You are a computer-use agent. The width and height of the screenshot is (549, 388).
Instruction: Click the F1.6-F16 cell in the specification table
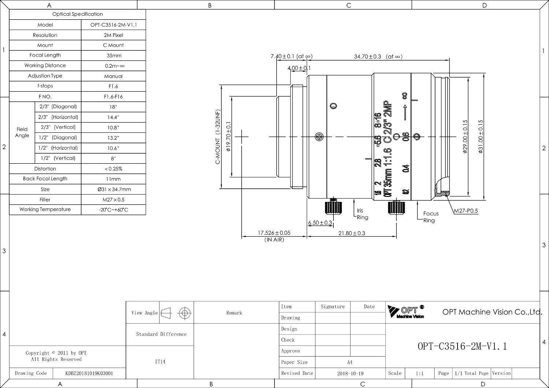point(113,97)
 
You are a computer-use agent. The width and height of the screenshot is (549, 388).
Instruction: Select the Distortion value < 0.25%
point(113,169)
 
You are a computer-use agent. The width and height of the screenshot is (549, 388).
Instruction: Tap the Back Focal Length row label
point(45,178)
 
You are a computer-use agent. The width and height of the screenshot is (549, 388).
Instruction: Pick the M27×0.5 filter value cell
point(113,200)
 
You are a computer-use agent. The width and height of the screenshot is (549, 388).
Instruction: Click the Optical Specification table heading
point(78,14)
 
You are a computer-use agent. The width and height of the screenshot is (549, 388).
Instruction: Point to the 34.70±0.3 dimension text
point(367,57)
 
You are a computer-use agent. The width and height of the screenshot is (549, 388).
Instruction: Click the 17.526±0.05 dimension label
point(274,233)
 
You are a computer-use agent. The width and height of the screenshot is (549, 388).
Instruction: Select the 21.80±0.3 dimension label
point(352,233)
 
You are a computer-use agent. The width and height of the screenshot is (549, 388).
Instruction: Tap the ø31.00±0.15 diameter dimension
point(480,136)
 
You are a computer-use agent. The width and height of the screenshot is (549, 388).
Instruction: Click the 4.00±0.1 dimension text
point(299,68)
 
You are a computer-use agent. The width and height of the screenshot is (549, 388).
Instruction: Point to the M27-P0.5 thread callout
point(466,211)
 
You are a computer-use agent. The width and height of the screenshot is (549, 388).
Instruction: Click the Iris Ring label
point(362,214)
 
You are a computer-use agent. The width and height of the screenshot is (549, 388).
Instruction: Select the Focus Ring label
point(431,217)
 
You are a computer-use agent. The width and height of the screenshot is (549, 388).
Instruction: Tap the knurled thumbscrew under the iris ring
point(333,207)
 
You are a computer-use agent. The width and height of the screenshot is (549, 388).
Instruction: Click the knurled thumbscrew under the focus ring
point(396,207)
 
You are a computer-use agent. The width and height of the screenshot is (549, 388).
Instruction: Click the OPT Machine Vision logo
point(406,312)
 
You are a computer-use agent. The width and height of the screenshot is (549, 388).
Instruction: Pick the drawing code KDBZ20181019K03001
point(89,373)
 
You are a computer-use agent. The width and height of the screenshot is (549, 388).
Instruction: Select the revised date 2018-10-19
point(350,373)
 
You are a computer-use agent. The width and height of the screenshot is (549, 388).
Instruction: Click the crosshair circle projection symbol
point(185,313)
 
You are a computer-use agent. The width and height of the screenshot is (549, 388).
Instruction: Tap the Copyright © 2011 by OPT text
point(56,353)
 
